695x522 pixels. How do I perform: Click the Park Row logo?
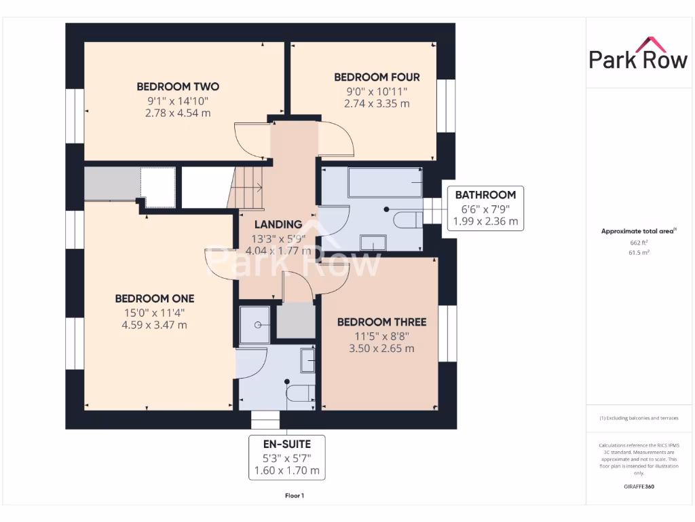638,54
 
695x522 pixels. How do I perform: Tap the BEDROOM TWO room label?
178,86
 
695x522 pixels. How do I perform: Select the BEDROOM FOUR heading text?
377,77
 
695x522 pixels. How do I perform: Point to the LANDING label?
278,224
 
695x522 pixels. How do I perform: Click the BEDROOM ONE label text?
154,298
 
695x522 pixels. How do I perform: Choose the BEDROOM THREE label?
381,321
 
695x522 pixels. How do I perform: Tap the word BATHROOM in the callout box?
485,194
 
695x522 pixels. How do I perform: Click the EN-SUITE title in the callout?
286,444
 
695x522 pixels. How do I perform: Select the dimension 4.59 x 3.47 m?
154,325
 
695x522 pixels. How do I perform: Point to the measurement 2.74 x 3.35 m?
377,103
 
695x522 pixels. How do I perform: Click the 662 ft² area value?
638,242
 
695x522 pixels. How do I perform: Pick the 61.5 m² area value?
638,252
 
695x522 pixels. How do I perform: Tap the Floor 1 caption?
295,495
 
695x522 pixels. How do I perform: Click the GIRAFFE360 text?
638,487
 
